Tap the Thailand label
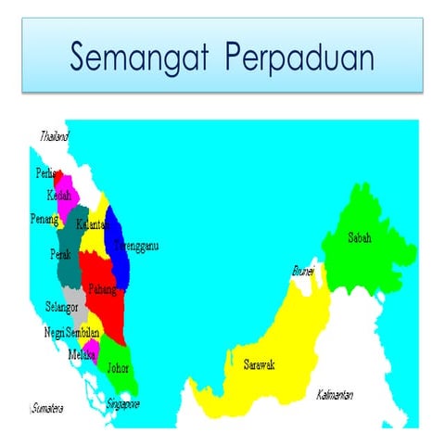[55, 136]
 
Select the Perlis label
[45, 173]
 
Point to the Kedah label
[58, 196]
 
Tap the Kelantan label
[93, 224]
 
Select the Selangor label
[61, 306]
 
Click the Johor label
[118, 367]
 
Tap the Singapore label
[122, 404]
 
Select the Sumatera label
[46, 407]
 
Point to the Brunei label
[303, 272]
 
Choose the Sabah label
[359, 237]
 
